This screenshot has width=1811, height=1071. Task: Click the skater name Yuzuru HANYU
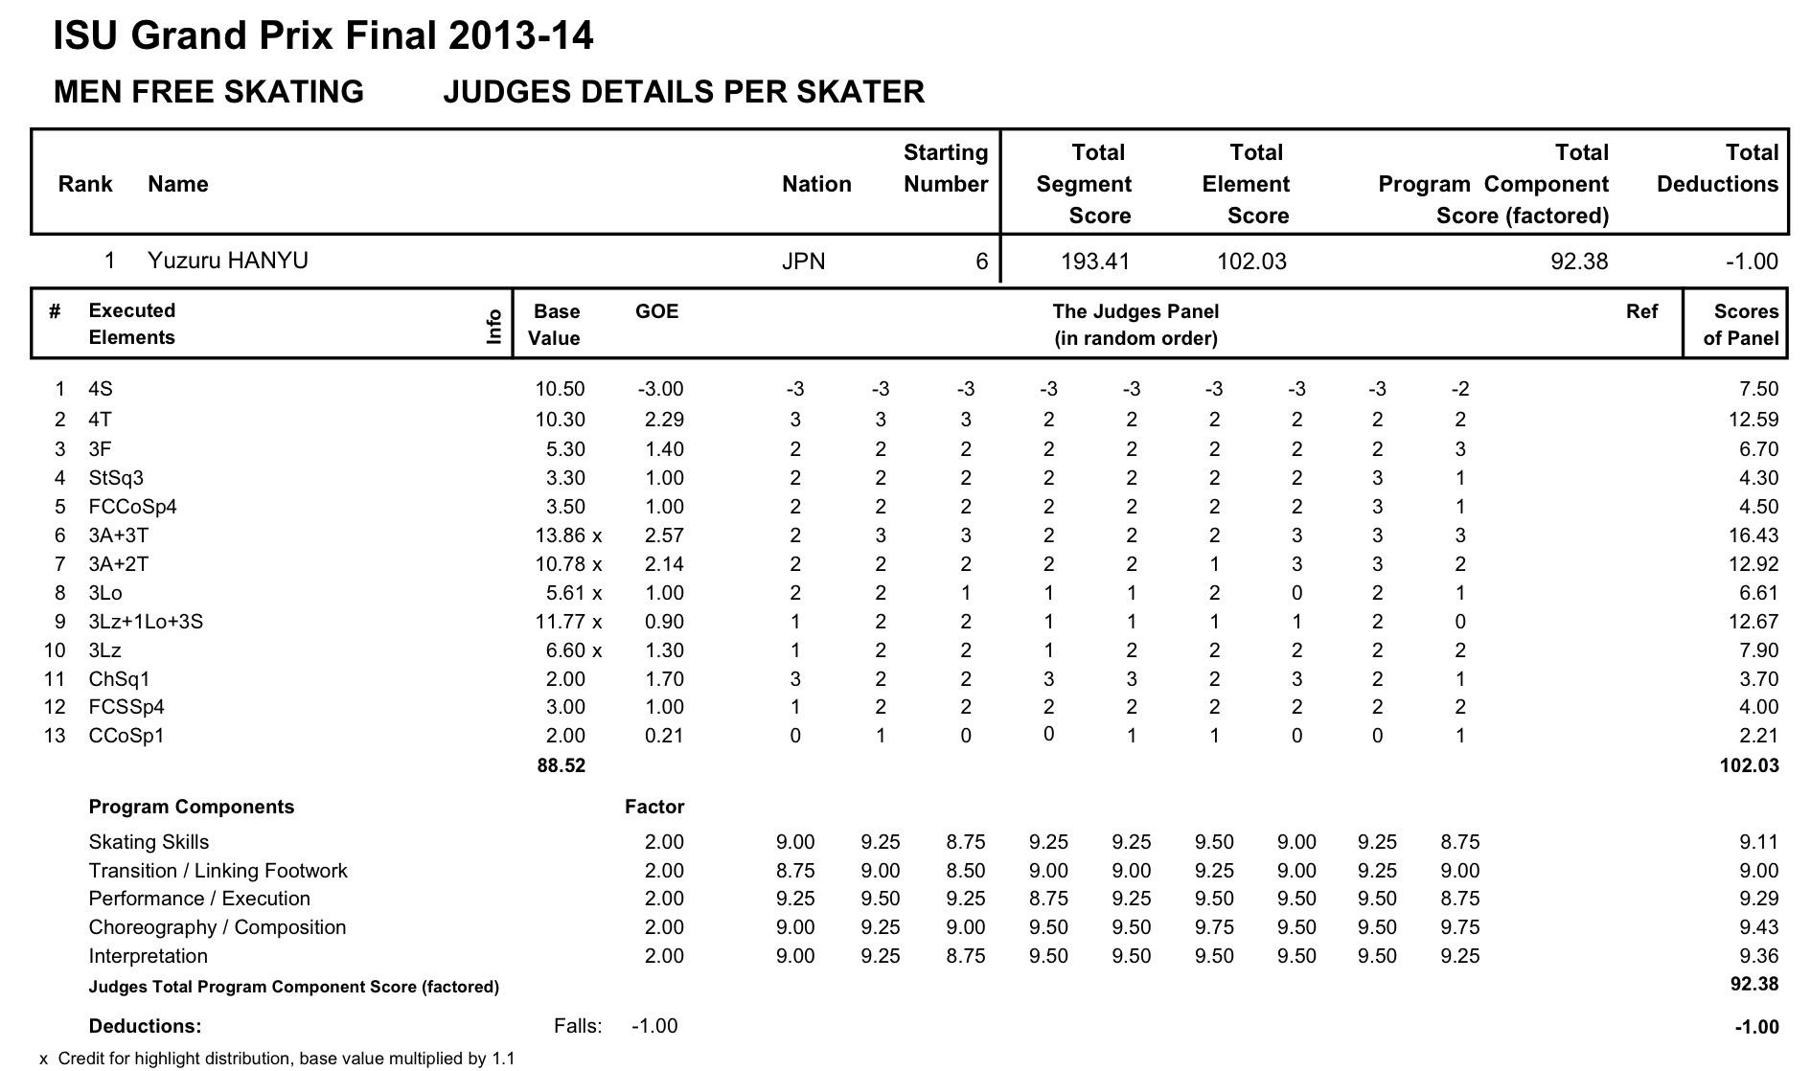pyautogui.click(x=227, y=261)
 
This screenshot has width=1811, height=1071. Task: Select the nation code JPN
pyautogui.click(x=803, y=262)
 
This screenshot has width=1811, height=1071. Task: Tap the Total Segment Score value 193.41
pyautogui.click(x=1095, y=262)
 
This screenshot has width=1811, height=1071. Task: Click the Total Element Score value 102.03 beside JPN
pyautogui.click(x=1251, y=262)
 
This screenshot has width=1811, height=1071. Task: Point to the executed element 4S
pyautogui.click(x=101, y=389)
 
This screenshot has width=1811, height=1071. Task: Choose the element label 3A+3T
pyautogui.click(x=119, y=535)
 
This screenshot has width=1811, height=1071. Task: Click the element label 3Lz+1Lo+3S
pyautogui.click(x=146, y=622)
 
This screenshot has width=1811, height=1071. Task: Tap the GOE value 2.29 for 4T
pyautogui.click(x=660, y=420)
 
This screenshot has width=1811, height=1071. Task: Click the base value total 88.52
pyautogui.click(x=561, y=765)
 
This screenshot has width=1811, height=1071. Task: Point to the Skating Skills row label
pyautogui.click(x=149, y=842)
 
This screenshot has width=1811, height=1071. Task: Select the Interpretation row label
pyautogui.click(x=148, y=956)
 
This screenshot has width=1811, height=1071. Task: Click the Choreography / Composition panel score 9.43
pyautogui.click(x=1758, y=927)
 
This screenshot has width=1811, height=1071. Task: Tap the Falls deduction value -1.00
pyautogui.click(x=654, y=1026)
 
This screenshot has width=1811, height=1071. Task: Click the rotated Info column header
pyautogui.click(x=494, y=326)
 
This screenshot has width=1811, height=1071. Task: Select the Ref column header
pyautogui.click(x=1641, y=311)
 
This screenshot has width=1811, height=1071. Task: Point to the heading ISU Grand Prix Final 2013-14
pyautogui.click(x=323, y=36)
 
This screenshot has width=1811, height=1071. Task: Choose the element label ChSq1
pyautogui.click(x=119, y=679)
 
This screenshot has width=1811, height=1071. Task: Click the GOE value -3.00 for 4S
pyautogui.click(x=660, y=389)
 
